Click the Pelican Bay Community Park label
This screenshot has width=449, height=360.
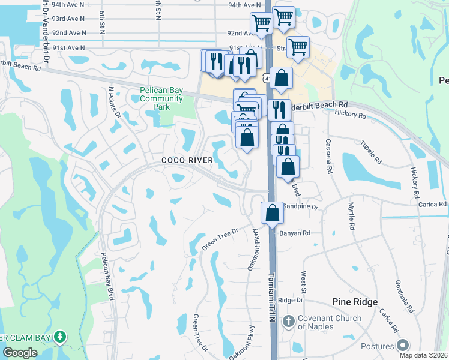(161, 99)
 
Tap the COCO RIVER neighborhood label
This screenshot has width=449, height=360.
(187, 160)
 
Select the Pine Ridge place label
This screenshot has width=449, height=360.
(355, 302)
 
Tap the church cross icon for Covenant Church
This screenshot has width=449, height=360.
(288, 322)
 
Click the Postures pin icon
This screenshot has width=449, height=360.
(402, 346)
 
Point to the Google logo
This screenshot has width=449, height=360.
(20, 353)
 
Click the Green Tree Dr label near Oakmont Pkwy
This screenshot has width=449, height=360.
(220, 238)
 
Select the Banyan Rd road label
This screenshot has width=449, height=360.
(297, 233)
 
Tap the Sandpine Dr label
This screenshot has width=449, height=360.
(300, 206)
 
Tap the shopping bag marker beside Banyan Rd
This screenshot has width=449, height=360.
(272, 213)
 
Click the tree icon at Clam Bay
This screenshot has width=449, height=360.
(59, 337)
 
